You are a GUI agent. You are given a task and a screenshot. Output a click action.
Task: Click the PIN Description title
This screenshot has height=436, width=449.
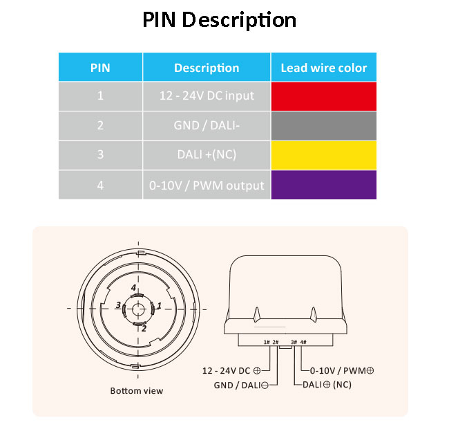220,20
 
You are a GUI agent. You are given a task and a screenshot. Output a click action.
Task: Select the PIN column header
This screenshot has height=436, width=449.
100,68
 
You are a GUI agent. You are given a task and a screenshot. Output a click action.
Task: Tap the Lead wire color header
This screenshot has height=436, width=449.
324,68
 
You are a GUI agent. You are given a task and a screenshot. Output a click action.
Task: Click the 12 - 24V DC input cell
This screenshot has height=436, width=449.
207,96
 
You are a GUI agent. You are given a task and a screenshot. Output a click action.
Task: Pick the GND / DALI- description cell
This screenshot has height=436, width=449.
207,126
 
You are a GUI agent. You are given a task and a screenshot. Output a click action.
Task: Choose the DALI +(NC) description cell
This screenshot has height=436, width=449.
207,155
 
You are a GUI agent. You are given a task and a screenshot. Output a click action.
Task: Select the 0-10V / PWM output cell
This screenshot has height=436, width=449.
207,185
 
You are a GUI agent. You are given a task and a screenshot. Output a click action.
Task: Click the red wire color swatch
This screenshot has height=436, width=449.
324,96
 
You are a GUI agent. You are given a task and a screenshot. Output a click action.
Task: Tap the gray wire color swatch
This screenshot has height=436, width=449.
324,126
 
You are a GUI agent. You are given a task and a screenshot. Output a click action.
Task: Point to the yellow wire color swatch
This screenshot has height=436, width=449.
324,155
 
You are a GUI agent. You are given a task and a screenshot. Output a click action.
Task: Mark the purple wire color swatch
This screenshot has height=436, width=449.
324,185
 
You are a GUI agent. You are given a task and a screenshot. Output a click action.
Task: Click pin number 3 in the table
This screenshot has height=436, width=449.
100,154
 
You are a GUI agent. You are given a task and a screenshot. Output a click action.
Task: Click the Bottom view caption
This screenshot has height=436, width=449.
137,391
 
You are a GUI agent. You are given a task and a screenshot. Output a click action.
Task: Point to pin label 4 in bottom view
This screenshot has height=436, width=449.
133,287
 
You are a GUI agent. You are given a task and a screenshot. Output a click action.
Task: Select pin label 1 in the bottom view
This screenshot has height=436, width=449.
159,305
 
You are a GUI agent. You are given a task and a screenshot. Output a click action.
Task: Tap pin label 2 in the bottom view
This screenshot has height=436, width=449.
144,329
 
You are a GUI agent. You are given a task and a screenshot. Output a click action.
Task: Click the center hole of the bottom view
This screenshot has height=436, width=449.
138,309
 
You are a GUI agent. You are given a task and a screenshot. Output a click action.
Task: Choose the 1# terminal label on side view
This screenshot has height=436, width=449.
267,342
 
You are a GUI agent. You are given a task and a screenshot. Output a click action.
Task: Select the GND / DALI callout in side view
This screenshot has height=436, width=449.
241,385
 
